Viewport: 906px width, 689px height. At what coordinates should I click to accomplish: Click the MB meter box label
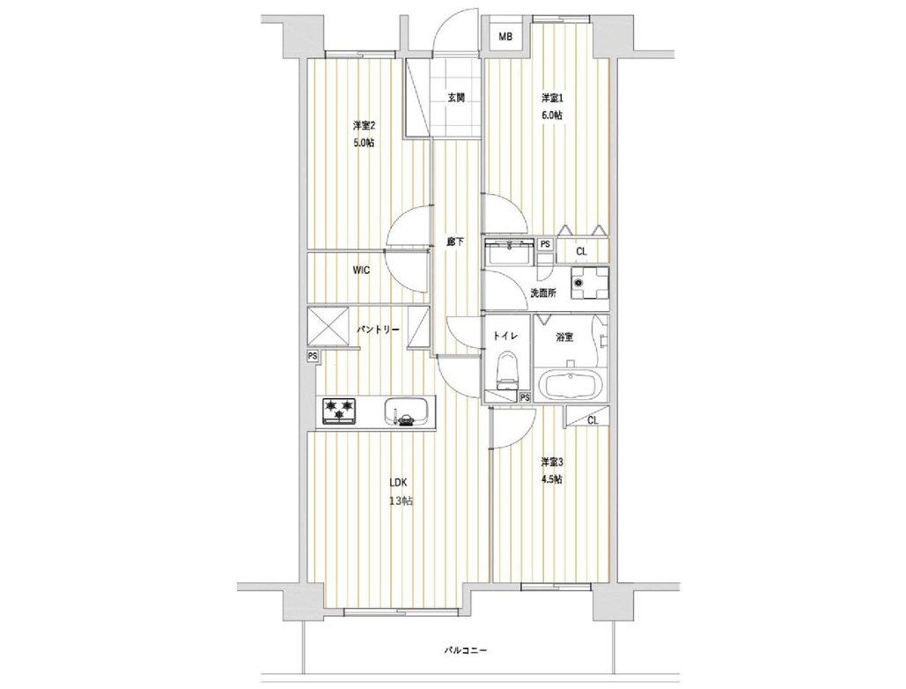point(505,38)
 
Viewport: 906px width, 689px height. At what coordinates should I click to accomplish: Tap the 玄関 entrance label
point(456,98)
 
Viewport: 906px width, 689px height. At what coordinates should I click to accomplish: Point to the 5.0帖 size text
point(364,143)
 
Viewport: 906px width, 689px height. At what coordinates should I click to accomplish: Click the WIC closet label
point(361,270)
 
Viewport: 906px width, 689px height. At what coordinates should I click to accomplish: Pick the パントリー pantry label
point(378,330)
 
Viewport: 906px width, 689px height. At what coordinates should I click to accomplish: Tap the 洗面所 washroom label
point(544,293)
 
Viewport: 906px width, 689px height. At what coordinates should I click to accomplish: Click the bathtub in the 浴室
point(571,383)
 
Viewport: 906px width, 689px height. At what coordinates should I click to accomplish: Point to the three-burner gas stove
point(339,411)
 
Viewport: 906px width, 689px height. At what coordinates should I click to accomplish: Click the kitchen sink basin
point(406,411)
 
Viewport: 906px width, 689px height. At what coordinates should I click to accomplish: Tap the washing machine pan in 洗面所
point(589,283)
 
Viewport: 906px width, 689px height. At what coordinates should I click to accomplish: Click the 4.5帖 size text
point(552,479)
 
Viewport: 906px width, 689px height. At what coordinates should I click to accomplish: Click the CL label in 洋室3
point(593,421)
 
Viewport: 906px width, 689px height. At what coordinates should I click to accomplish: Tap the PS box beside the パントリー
point(313,357)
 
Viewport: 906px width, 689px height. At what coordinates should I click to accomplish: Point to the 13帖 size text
point(401,501)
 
